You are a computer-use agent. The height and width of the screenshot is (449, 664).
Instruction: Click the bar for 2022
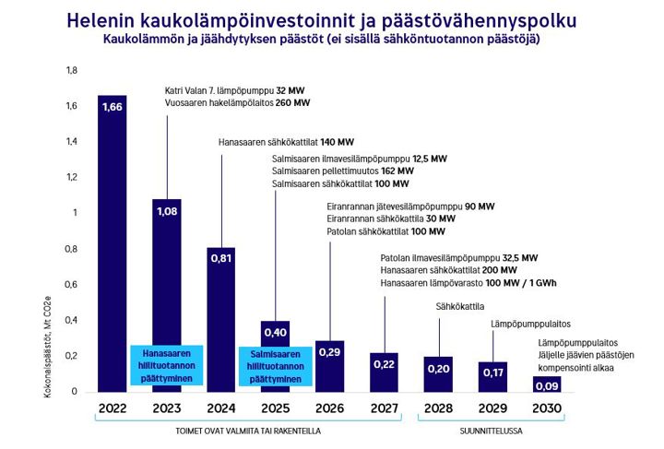[112, 249]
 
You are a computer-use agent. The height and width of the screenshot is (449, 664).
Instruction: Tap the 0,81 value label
[221, 259]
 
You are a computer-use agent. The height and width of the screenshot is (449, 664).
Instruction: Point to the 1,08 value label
[166, 211]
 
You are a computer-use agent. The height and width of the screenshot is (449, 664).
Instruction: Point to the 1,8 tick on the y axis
[72, 71]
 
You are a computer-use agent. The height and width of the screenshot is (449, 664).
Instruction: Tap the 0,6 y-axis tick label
[72, 285]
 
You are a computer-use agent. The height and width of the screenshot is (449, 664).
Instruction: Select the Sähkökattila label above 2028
[459, 305]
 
